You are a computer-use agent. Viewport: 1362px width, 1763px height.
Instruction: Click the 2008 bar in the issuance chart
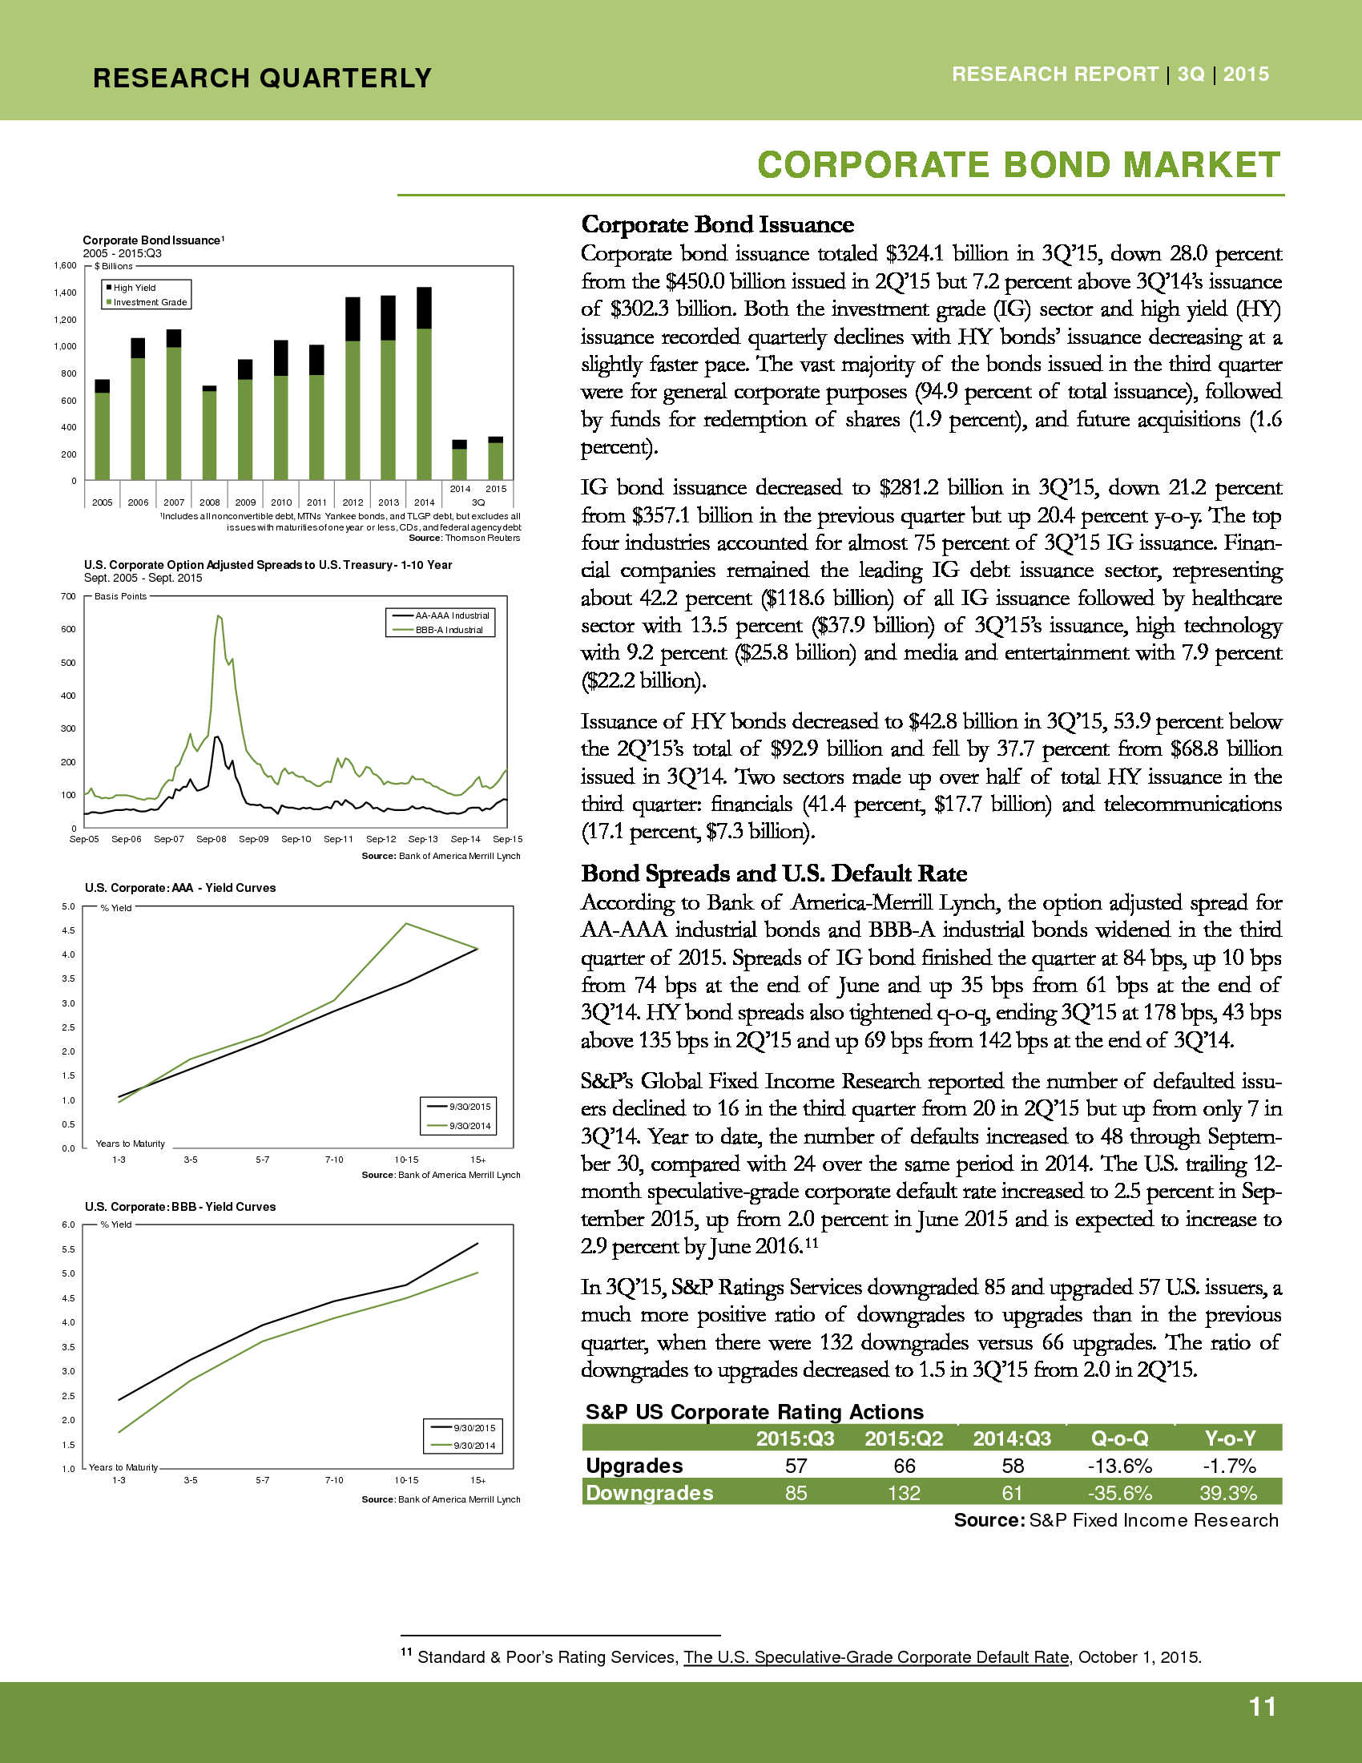click(x=209, y=434)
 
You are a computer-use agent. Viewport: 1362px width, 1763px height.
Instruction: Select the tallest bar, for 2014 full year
click(x=424, y=384)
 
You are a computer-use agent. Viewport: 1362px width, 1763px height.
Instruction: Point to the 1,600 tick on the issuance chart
click(x=66, y=265)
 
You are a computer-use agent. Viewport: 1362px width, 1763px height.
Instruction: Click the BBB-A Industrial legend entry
click(x=449, y=631)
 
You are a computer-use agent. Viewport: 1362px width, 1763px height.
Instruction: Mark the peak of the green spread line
click(x=218, y=617)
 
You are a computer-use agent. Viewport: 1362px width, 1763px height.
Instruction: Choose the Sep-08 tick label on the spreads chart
click(x=211, y=840)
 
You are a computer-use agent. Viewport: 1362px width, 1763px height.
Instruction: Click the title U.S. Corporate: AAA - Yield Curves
click(x=180, y=888)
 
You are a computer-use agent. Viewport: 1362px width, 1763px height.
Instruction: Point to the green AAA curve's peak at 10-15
click(x=406, y=923)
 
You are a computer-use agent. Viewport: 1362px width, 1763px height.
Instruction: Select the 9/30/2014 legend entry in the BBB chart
click(x=473, y=1446)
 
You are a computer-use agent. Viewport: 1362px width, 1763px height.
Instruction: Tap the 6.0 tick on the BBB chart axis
click(x=69, y=1224)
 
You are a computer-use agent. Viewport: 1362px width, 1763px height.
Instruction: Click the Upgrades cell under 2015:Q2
click(x=904, y=1466)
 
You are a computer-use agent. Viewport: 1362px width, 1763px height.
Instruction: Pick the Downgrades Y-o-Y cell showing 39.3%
click(x=1228, y=1494)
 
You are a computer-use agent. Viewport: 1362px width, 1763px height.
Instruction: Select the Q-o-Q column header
click(x=1119, y=1438)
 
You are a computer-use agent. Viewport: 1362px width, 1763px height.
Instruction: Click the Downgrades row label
click(x=650, y=1494)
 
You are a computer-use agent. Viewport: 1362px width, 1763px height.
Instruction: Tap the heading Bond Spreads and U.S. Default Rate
click(x=774, y=873)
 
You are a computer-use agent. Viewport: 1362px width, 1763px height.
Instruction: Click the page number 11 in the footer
click(x=1262, y=1707)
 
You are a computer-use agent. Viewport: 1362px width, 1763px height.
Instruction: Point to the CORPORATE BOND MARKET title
click(x=1018, y=166)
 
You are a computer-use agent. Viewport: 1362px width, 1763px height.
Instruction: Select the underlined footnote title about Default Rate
click(x=876, y=1657)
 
